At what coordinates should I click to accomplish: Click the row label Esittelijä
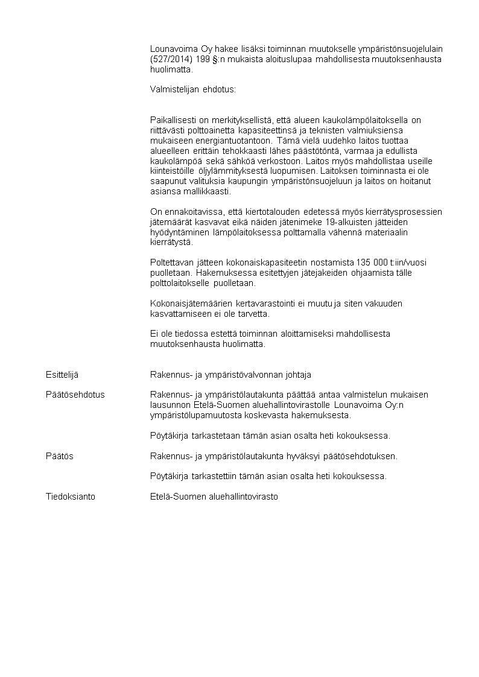point(62,375)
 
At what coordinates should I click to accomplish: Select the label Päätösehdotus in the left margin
point(75,395)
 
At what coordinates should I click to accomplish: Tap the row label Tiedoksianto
point(71,497)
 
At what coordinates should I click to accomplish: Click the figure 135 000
point(371,262)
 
